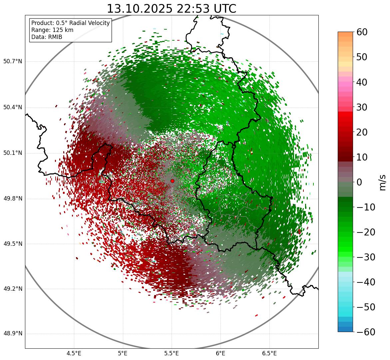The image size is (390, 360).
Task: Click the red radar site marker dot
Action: (172, 181)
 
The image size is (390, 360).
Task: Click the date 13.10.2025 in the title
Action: (139, 9)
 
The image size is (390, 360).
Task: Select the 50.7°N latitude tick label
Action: (13, 62)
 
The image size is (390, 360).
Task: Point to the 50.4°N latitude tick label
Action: (13, 108)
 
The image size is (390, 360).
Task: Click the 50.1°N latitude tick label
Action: (13, 153)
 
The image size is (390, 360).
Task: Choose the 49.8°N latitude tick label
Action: (13, 199)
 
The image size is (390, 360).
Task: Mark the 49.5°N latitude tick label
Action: (13, 244)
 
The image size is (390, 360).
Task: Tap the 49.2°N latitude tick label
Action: (13, 289)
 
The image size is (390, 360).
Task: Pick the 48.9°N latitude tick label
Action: (13, 334)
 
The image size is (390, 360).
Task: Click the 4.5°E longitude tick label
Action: (74, 353)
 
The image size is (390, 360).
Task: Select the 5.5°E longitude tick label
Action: (172, 353)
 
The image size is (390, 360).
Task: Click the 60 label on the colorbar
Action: (362, 32)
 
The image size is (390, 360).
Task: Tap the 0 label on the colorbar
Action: (359, 182)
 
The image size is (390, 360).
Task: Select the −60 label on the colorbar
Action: (366, 332)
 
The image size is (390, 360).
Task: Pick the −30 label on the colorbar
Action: (366, 257)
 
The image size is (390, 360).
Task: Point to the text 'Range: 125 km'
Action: (52, 30)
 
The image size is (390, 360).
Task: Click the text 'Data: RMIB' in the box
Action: (47, 37)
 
